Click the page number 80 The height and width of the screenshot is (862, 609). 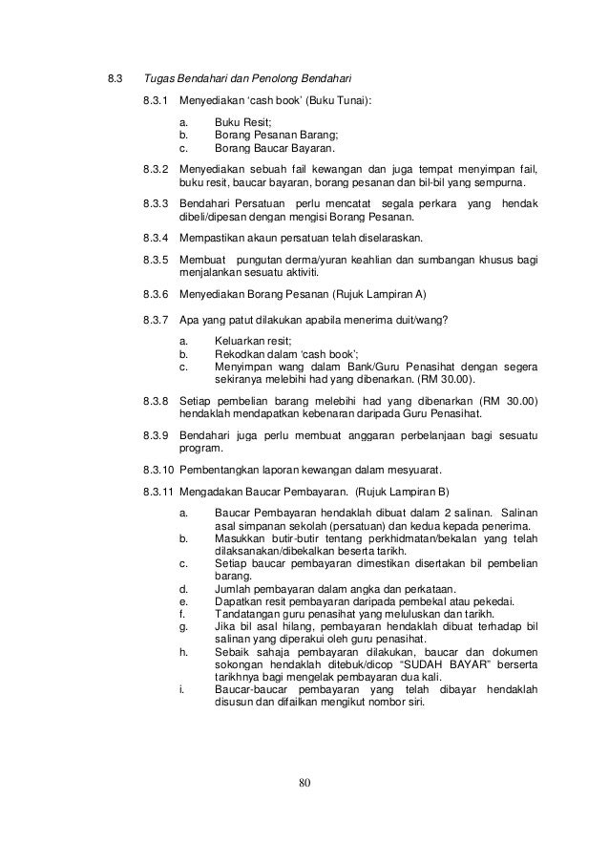pos(304,785)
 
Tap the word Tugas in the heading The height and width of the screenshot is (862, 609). pos(156,78)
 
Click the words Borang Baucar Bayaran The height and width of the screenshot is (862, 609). pos(274,150)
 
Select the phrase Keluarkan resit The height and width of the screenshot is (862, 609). pos(252,341)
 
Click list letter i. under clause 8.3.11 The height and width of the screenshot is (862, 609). pos(181,689)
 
